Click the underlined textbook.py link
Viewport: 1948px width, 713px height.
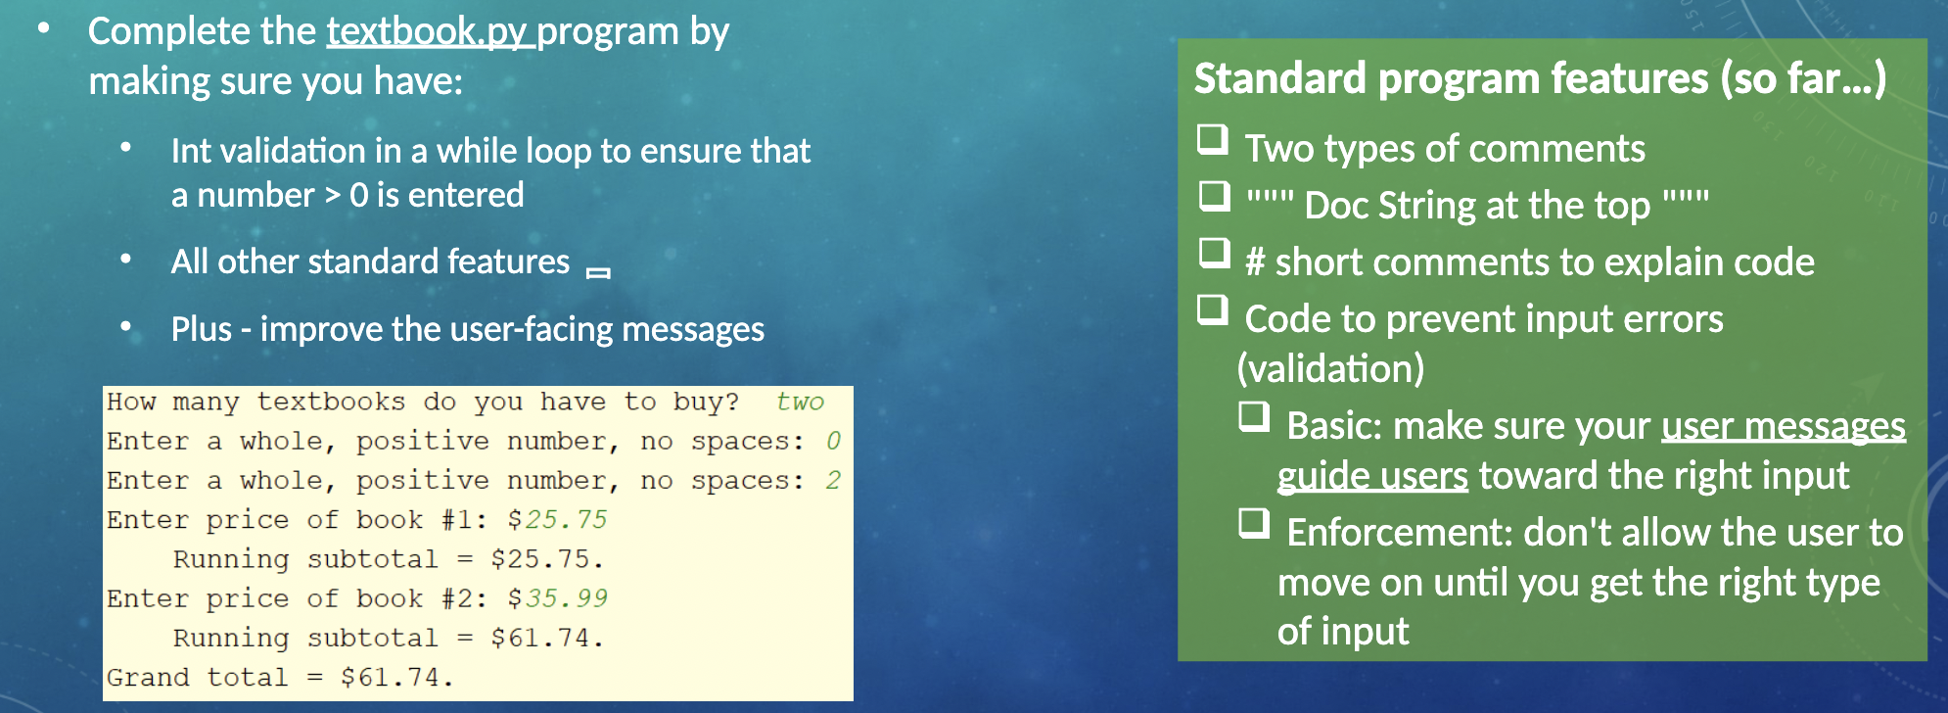[429, 32]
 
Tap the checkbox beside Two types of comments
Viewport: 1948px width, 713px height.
[1213, 140]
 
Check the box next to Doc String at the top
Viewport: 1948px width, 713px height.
[1215, 196]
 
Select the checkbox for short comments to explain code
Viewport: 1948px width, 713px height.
[1215, 253]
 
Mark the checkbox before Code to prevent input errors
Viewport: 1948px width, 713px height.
[1213, 310]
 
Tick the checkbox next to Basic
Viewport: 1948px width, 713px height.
[1254, 417]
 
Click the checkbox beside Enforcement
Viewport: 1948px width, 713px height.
[1254, 524]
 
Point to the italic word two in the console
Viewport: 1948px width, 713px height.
[800, 402]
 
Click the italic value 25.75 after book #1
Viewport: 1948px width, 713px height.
[566, 519]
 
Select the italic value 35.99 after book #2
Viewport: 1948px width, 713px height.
[566, 597]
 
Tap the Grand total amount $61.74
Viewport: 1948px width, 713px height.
[395, 677]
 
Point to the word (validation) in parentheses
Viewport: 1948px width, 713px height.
[1330, 368]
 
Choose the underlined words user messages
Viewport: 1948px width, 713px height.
[1783, 426]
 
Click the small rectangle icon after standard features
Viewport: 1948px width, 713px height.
[598, 272]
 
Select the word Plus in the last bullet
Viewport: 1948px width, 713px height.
[202, 329]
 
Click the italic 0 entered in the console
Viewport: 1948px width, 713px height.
[833, 441]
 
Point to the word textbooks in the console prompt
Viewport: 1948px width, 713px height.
[331, 402]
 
